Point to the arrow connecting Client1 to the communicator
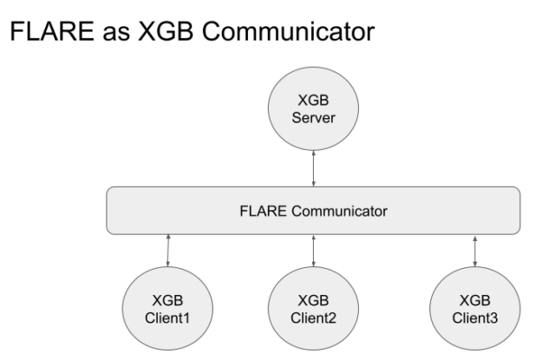[168, 251]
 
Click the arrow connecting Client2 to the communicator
[313, 251]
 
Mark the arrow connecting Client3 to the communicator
[474, 251]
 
